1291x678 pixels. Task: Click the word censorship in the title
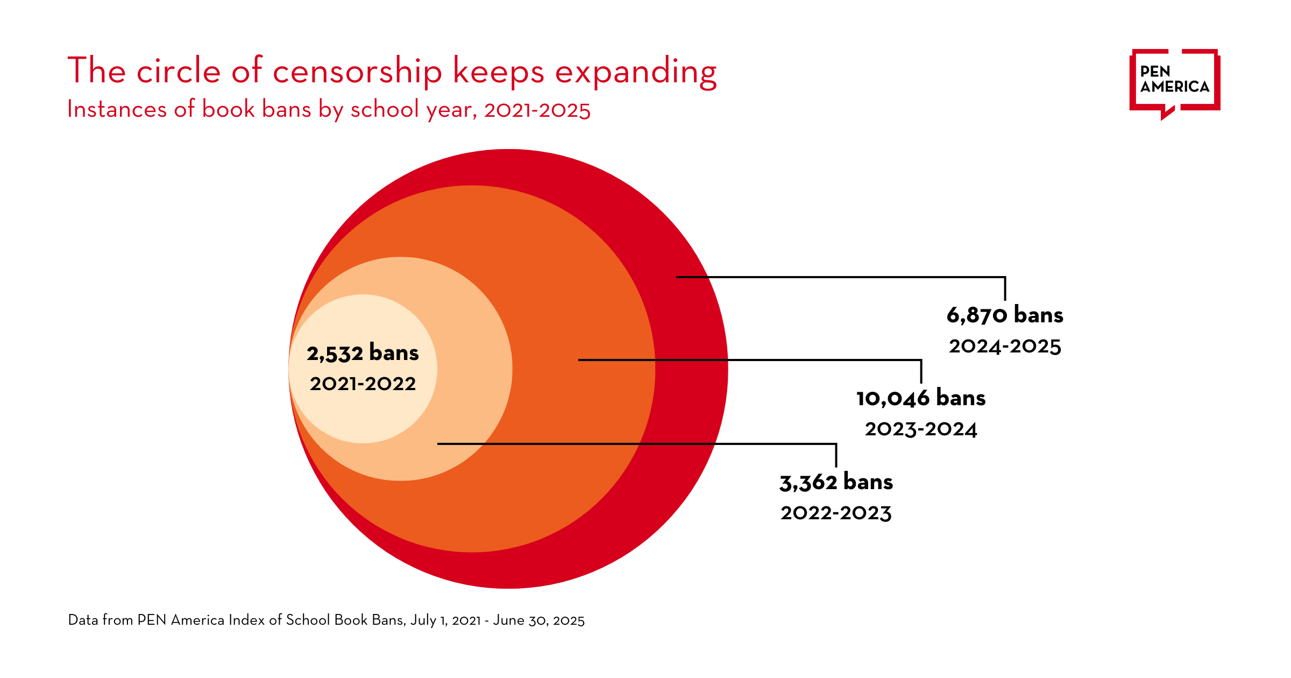pyautogui.click(x=357, y=72)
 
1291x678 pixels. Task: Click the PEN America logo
pyautogui.click(x=1174, y=82)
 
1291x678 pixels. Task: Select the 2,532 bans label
pyautogui.click(x=363, y=354)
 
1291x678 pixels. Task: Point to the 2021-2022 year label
pyautogui.click(x=363, y=384)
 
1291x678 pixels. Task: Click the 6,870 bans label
pyautogui.click(x=1004, y=315)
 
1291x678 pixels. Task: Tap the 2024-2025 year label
pyautogui.click(x=1004, y=347)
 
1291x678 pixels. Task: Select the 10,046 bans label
pyautogui.click(x=920, y=398)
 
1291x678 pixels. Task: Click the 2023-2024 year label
pyautogui.click(x=920, y=429)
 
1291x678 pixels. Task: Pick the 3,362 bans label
pyautogui.click(x=836, y=482)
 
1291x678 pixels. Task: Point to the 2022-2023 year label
pyautogui.click(x=836, y=513)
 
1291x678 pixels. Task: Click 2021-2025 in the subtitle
pyautogui.click(x=537, y=110)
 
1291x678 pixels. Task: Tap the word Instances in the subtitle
pyautogui.click(x=117, y=109)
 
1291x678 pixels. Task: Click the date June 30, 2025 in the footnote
pyautogui.click(x=538, y=620)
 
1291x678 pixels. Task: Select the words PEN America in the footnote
pyautogui.click(x=180, y=620)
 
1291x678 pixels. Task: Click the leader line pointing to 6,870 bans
pyautogui.click(x=839, y=277)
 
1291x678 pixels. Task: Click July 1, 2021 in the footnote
pyautogui.click(x=445, y=620)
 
